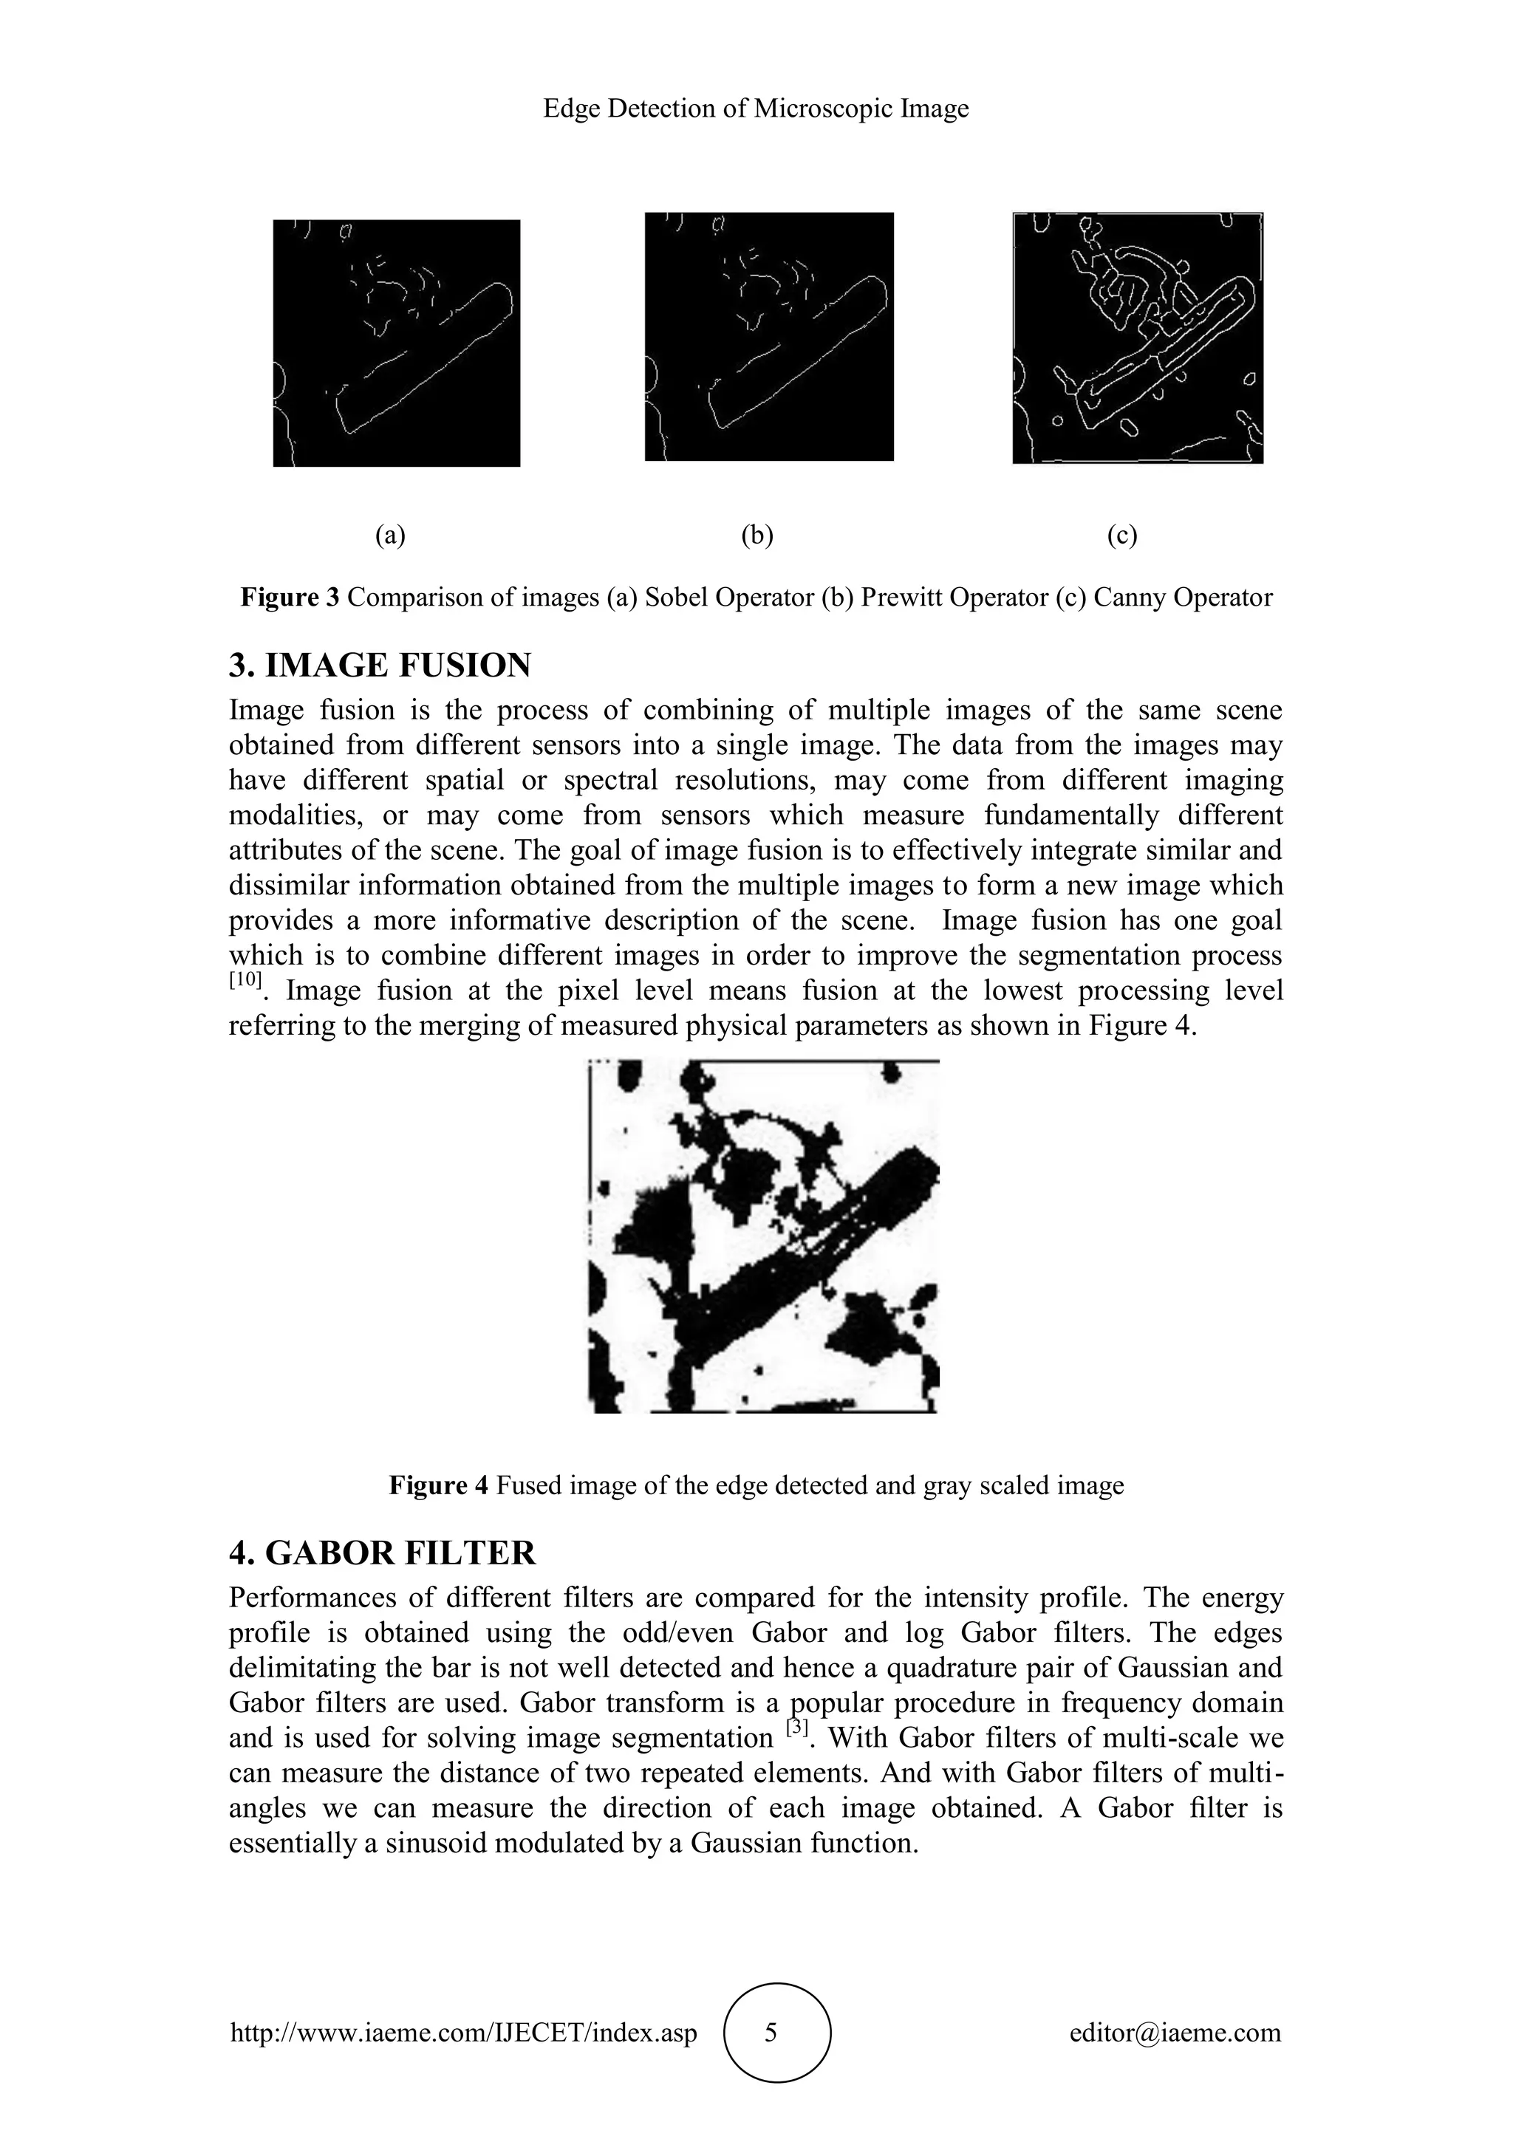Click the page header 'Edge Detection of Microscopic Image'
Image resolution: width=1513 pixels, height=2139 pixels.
click(x=756, y=109)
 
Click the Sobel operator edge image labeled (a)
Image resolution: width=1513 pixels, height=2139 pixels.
click(x=396, y=343)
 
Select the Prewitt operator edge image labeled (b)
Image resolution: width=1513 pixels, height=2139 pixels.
click(x=768, y=336)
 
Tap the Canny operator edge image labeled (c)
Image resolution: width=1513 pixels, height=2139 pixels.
click(x=1138, y=338)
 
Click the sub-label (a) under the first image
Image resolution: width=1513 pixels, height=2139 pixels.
click(x=390, y=535)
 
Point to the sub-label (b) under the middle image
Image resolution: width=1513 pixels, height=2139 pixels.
click(x=757, y=535)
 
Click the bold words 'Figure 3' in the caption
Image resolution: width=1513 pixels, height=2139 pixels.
click(x=290, y=598)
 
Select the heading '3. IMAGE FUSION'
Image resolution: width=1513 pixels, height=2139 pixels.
click(x=380, y=665)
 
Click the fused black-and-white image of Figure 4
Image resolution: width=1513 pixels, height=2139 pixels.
click(x=764, y=1236)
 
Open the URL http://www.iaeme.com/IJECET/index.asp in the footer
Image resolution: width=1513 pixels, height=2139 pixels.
click(x=463, y=2033)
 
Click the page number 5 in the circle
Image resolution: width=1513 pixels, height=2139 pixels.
click(x=771, y=2033)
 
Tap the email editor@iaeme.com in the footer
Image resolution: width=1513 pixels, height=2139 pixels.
click(x=1175, y=2033)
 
